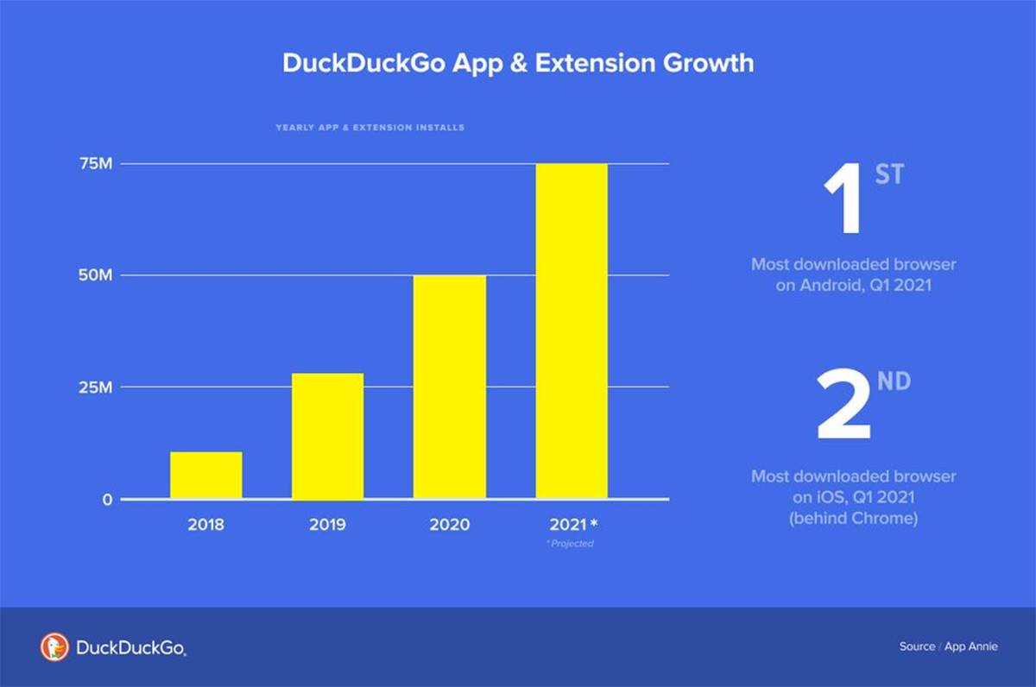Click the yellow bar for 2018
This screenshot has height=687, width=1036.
point(205,475)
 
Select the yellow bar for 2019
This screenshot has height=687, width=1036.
point(327,436)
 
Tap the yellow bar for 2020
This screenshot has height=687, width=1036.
point(449,387)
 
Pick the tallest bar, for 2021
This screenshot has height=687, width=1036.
point(571,331)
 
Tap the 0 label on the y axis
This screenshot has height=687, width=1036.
point(107,499)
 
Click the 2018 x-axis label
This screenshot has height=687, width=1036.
point(205,525)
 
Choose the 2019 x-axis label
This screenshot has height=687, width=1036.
point(327,525)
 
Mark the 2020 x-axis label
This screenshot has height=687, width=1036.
point(449,525)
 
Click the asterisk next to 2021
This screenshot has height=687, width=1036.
point(593,524)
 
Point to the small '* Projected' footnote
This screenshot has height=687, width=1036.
point(571,544)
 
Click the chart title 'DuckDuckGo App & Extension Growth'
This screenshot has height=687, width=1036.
point(518,63)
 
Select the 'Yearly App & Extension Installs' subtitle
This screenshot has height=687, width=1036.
point(370,128)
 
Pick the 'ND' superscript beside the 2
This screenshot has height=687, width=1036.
point(894,381)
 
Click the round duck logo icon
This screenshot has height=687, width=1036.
point(54,646)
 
